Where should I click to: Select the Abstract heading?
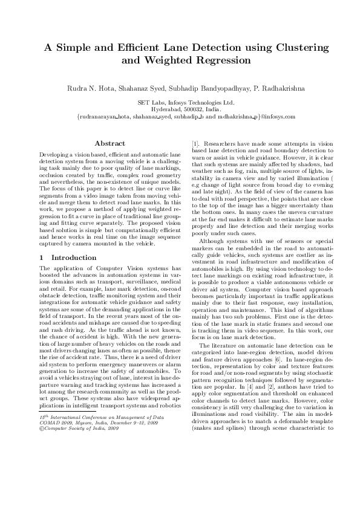[110, 144]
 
